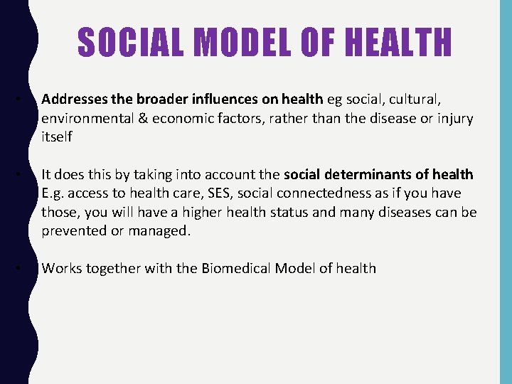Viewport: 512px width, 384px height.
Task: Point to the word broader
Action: point(152,100)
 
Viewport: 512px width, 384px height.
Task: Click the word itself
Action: point(57,137)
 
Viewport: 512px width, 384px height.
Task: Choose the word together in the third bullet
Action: point(110,268)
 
